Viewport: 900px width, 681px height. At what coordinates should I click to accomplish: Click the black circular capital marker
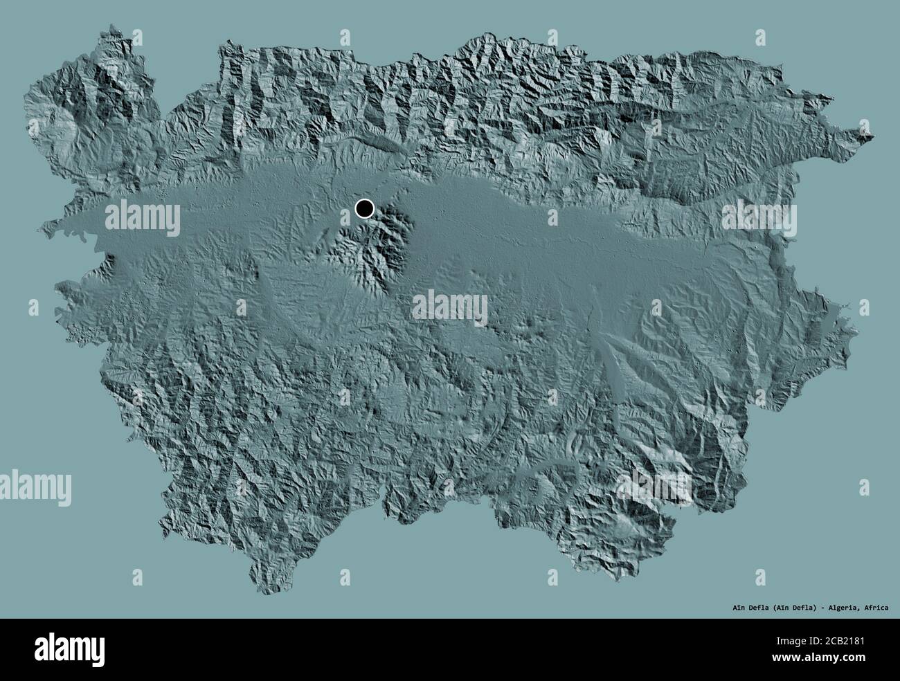pyautogui.click(x=364, y=208)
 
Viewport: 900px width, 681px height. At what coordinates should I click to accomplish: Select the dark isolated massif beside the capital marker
pyautogui.click(x=374, y=249)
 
